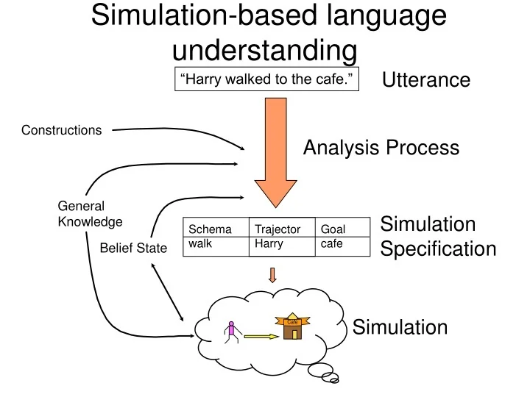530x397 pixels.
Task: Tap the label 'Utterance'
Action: click(426, 80)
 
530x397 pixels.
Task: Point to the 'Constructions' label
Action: click(62, 131)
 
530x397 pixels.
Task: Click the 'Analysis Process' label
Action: click(381, 149)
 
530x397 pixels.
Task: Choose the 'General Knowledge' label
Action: click(90, 214)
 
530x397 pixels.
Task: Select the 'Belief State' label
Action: click(133, 248)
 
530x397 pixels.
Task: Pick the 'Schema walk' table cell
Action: click(215, 237)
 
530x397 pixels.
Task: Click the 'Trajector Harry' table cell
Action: click(280, 237)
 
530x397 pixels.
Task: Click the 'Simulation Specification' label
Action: click(438, 237)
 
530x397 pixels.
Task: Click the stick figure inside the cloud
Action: click(232, 332)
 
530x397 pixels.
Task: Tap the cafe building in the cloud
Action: click(292, 328)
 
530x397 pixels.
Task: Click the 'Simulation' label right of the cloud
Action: click(400, 327)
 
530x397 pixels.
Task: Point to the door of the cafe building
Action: click(293, 335)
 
